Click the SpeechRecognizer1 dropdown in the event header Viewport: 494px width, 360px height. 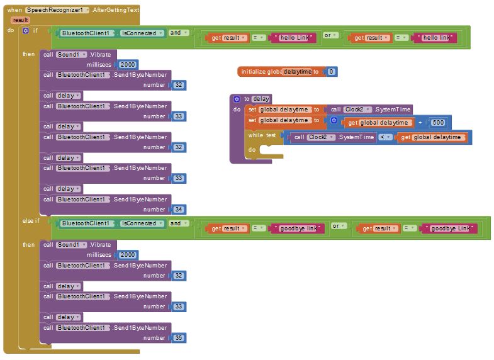[x=57, y=10]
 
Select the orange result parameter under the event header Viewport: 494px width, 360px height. [x=21, y=20]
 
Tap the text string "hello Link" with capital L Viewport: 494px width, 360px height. [x=294, y=38]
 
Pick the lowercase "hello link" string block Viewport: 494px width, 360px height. [x=436, y=38]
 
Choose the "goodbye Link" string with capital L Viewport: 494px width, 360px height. [x=450, y=228]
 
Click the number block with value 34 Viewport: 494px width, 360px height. [x=179, y=210]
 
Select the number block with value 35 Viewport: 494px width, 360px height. [x=179, y=338]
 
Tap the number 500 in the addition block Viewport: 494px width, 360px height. [x=438, y=123]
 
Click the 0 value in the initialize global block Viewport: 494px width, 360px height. [x=331, y=72]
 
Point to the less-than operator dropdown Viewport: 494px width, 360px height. [x=385, y=137]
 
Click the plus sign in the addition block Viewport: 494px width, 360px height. [x=420, y=123]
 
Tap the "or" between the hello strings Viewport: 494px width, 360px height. [x=330, y=35]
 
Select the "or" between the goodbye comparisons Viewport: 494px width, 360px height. [x=338, y=226]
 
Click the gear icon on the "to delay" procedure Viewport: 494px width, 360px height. [x=237, y=99]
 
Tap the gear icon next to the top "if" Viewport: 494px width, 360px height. [x=26, y=31]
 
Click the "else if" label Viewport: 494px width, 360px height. [x=31, y=221]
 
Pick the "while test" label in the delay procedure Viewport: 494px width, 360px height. [x=262, y=135]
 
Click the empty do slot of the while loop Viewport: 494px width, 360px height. [x=271, y=150]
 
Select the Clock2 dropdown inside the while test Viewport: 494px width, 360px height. [x=321, y=137]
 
